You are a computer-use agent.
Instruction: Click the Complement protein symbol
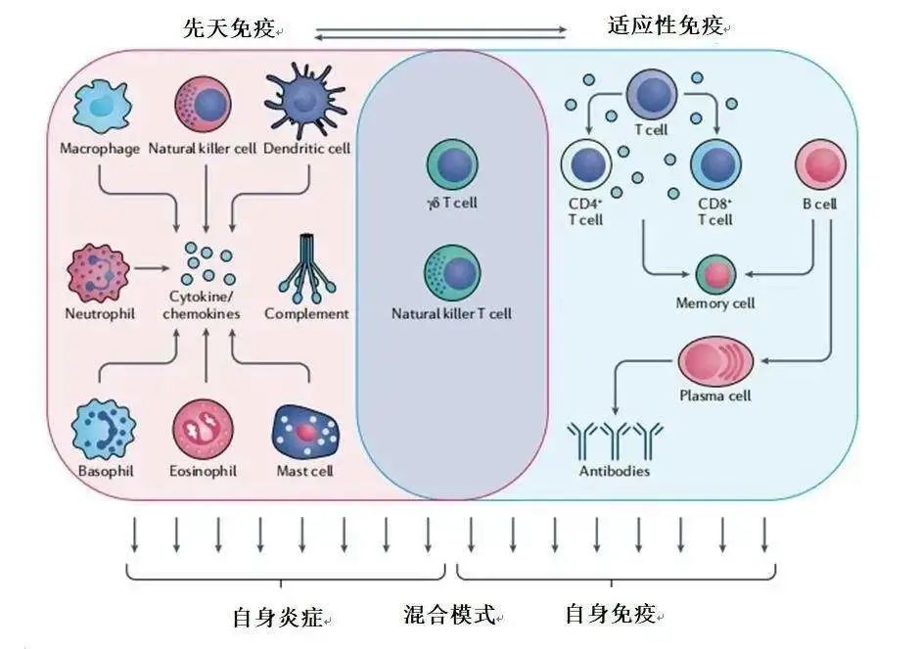pos(305,269)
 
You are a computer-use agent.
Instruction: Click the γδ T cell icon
pos(452,164)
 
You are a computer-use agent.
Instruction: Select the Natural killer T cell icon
pos(452,275)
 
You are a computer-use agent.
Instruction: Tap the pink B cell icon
pos(819,164)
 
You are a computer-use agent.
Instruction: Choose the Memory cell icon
pos(715,273)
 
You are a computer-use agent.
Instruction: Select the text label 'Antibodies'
pos(614,471)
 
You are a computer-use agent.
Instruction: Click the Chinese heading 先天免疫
pos(227,28)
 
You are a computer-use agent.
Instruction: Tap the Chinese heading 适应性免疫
pos(665,26)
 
